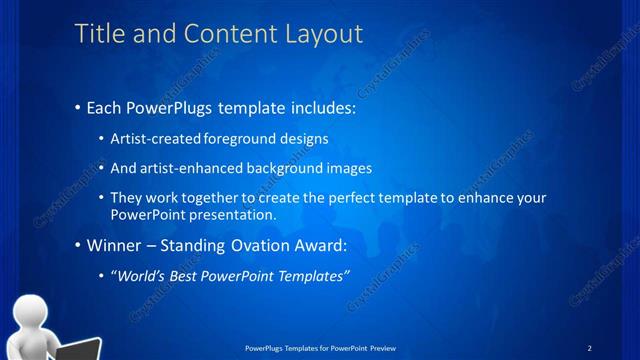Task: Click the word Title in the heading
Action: click(98, 34)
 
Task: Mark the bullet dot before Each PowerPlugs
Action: click(79, 107)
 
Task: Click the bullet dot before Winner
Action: click(79, 245)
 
